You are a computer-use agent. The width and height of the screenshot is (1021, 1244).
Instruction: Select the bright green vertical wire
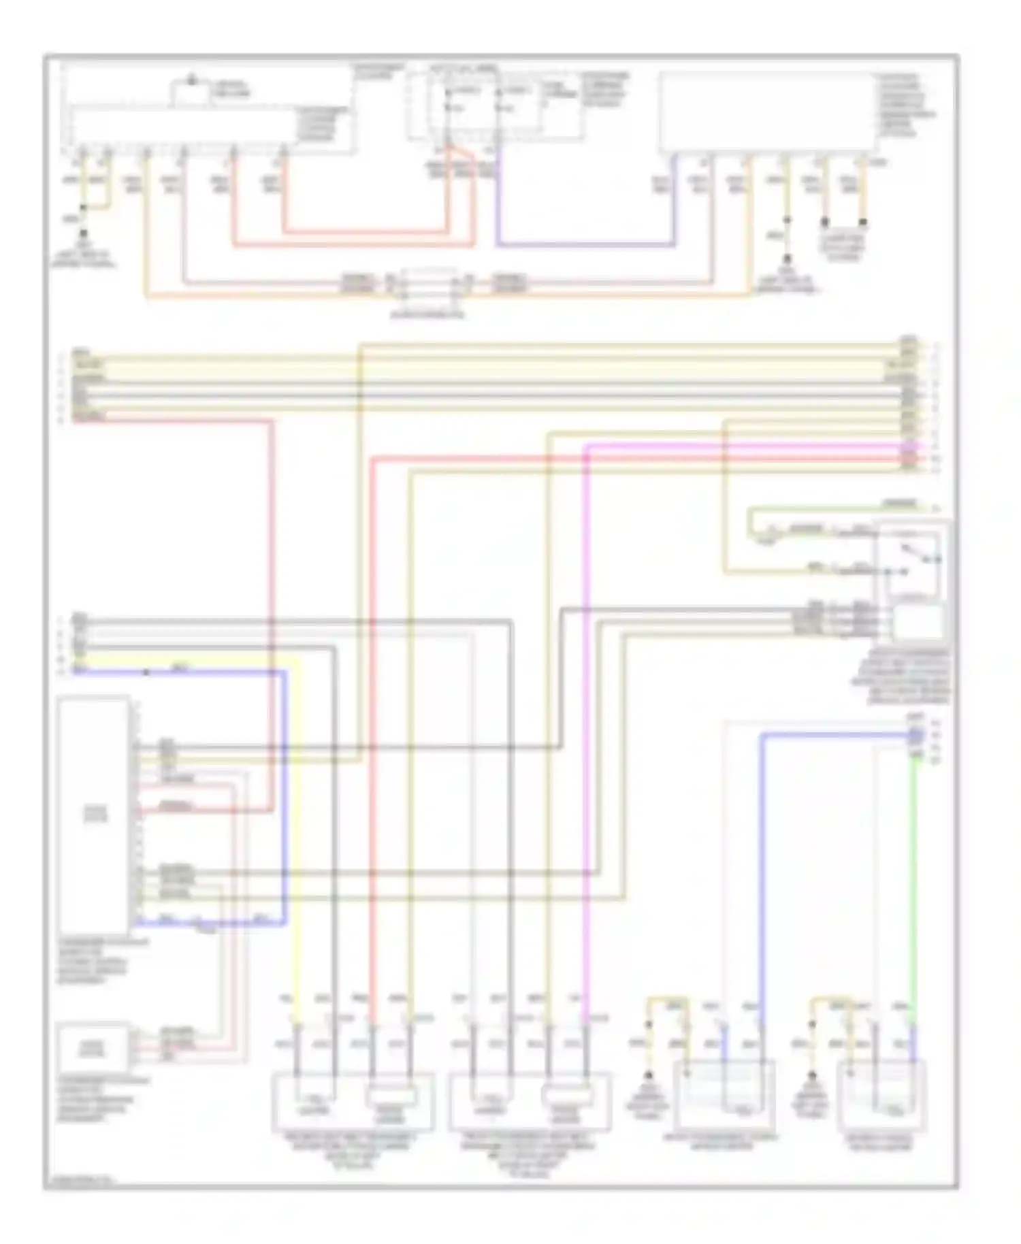coord(913,885)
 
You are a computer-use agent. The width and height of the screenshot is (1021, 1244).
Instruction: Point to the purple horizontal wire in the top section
coord(585,244)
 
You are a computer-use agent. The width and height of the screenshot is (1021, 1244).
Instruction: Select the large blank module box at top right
coord(766,112)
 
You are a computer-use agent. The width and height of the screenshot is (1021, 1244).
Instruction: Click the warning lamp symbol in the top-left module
coord(192,83)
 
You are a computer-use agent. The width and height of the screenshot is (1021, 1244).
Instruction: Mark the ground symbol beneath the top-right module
coord(788,260)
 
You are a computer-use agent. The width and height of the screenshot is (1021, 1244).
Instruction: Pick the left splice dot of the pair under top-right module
coord(825,222)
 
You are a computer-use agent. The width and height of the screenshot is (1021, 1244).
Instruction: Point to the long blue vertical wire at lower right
coord(762,885)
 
